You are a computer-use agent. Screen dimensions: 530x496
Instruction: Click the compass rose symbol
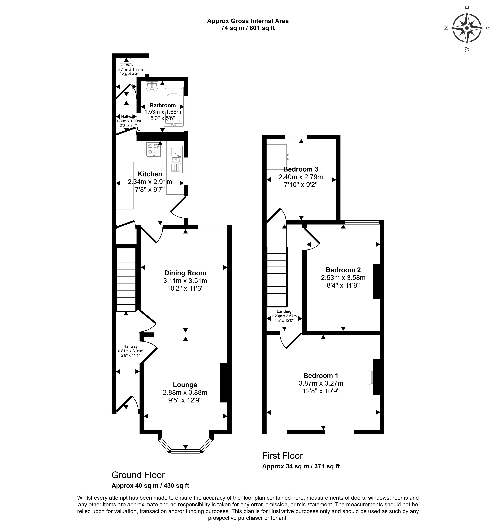pos(467,28)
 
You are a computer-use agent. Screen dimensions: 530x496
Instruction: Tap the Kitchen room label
pos(150,174)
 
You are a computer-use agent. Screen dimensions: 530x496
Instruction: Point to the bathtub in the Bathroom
pos(173,109)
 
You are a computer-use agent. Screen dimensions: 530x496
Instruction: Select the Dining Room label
pos(185,273)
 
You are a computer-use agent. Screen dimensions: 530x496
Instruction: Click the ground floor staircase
pos(126,279)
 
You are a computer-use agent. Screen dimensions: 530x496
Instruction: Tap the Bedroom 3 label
pos(301,169)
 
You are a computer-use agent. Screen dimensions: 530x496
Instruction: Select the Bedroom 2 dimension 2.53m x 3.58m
pos(343,277)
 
